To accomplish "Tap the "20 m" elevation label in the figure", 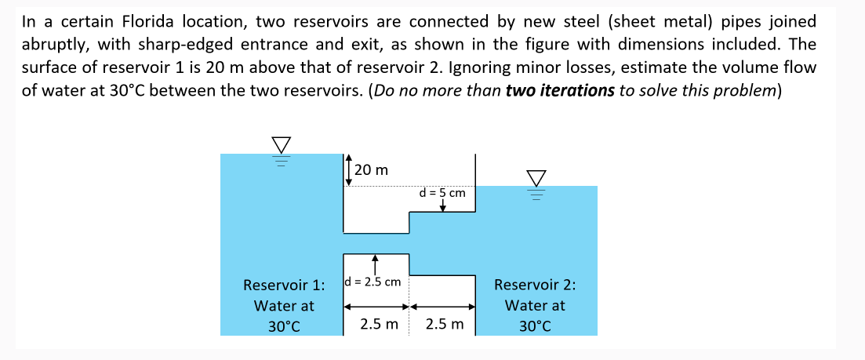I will coord(371,169).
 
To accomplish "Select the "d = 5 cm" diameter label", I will coord(442,191).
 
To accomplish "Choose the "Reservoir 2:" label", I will coord(535,285).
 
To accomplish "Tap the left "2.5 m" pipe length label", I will coord(379,323).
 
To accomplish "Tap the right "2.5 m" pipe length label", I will coord(445,323).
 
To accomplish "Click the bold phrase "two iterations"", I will coord(560,90).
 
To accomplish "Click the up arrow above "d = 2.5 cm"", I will coord(376,263).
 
